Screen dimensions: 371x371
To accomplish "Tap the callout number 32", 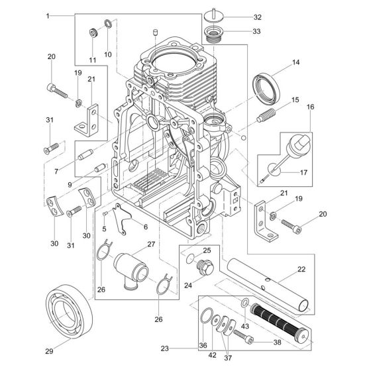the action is pyautogui.click(x=258, y=17).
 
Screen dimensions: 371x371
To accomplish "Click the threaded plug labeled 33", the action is pyautogui.click(x=212, y=34).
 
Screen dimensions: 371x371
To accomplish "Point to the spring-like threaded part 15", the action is pyautogui.click(x=266, y=115).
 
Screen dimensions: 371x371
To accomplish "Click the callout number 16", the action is pyautogui.click(x=311, y=107).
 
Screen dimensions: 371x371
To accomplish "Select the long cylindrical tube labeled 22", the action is pyautogui.click(x=269, y=286).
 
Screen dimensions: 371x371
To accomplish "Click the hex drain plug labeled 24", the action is pyautogui.click(x=205, y=267).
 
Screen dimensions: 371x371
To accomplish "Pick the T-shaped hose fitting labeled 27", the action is pyautogui.click(x=131, y=270).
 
